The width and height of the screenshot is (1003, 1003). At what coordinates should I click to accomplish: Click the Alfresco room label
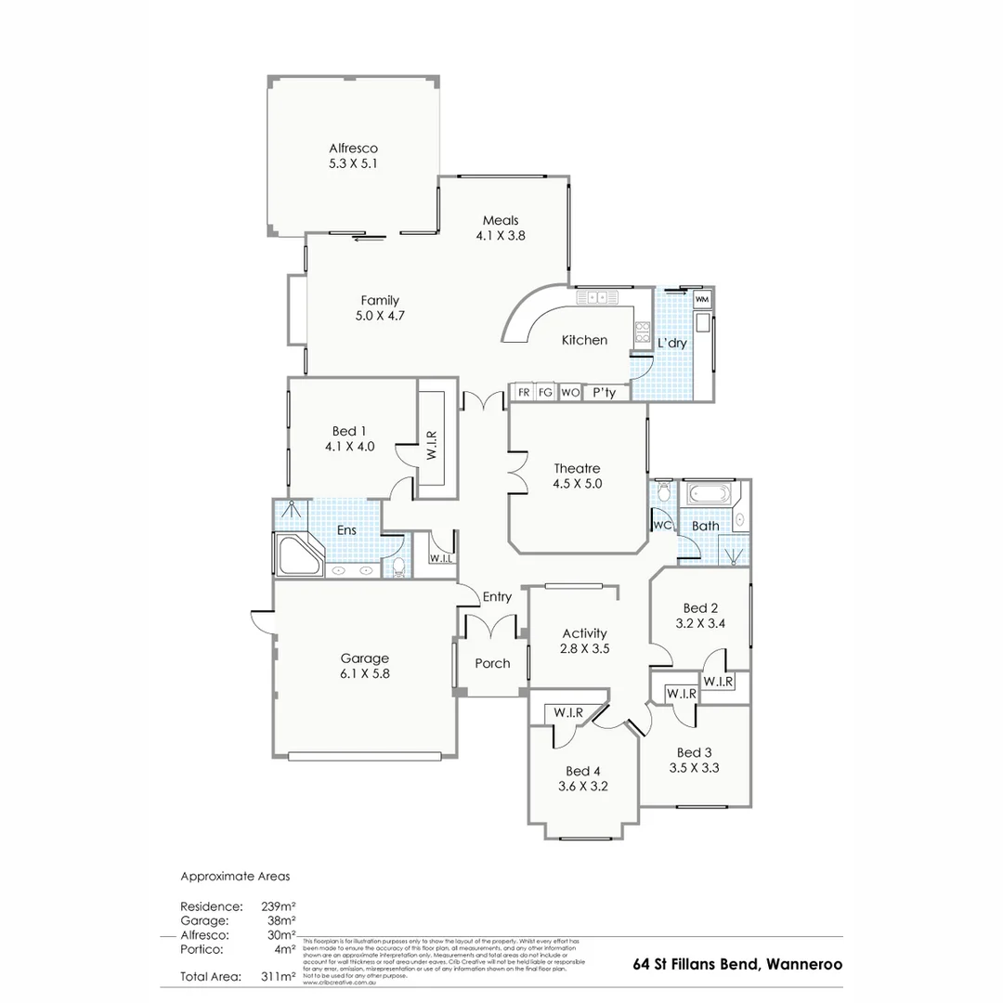coord(353,148)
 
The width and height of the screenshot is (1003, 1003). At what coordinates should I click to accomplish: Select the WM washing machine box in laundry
coord(702,299)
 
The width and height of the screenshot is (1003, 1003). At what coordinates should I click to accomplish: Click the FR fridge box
coord(524,393)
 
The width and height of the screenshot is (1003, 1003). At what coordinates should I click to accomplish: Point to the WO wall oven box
coord(570,393)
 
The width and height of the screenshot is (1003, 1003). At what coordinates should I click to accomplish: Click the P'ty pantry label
coord(604,393)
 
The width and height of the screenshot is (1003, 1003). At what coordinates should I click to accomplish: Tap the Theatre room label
coord(577,468)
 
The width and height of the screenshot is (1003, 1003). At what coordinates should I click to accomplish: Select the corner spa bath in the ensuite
coord(296,556)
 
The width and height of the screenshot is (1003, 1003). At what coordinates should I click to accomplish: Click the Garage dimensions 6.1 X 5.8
coord(364,674)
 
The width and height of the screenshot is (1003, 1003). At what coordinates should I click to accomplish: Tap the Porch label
coord(492,663)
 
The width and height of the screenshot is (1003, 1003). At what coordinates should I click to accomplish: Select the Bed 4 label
coord(583,771)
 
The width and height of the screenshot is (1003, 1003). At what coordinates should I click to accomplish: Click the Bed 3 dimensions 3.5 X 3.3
coord(695,768)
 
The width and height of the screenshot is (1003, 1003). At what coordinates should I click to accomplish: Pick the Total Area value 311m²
coord(280,976)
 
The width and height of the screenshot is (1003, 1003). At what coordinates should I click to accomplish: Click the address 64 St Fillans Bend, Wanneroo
coord(737,964)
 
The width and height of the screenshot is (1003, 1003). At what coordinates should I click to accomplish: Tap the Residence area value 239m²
coord(278,905)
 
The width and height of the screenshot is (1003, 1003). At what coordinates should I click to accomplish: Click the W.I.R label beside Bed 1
coord(431,445)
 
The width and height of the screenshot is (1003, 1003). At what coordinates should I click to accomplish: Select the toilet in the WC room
coord(663,491)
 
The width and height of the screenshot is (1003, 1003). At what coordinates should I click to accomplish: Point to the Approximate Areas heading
coord(235,876)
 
